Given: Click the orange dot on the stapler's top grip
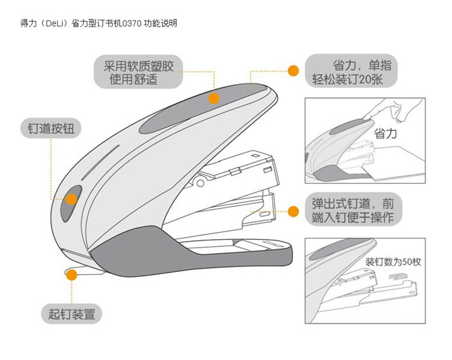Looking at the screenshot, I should pos(213,98).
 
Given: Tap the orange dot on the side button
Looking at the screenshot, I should pos(72,199).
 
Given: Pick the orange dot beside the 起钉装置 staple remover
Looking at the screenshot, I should pos(72,275).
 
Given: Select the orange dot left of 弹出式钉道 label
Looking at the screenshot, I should pos(293,211).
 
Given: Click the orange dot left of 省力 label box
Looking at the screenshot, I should pos(293,71).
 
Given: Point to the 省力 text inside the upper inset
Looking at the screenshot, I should pos(385,134).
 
